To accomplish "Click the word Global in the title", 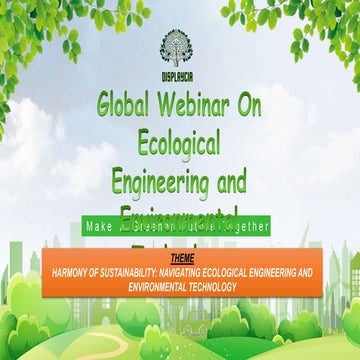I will coord(130,105).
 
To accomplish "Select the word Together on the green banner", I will coord(244,227).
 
